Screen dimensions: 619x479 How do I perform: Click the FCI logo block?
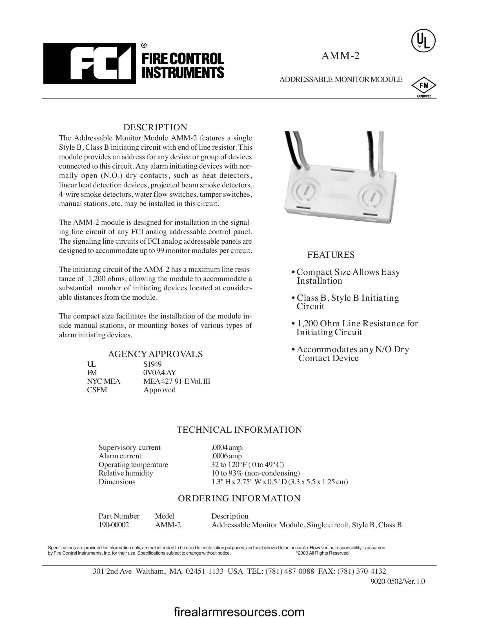click(89, 64)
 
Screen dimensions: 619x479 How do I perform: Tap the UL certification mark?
click(423, 41)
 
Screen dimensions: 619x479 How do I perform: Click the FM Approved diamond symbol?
click(424, 86)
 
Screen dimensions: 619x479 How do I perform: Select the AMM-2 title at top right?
click(340, 56)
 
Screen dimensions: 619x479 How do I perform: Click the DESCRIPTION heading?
click(155, 127)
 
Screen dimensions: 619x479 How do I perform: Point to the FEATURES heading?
click(331, 255)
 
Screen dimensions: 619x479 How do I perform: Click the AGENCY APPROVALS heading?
click(155, 354)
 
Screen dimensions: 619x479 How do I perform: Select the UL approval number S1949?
click(152, 364)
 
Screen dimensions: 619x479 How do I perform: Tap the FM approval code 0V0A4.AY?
click(159, 373)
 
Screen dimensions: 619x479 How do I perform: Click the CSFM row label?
click(97, 390)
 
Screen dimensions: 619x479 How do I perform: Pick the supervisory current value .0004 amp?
click(228, 448)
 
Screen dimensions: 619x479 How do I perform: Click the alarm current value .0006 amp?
click(228, 456)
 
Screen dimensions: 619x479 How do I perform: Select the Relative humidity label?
click(125, 473)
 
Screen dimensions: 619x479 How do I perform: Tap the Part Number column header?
click(119, 516)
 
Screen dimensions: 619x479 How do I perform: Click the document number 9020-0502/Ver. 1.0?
click(398, 581)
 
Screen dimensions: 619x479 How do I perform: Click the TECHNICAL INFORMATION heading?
click(239, 430)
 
